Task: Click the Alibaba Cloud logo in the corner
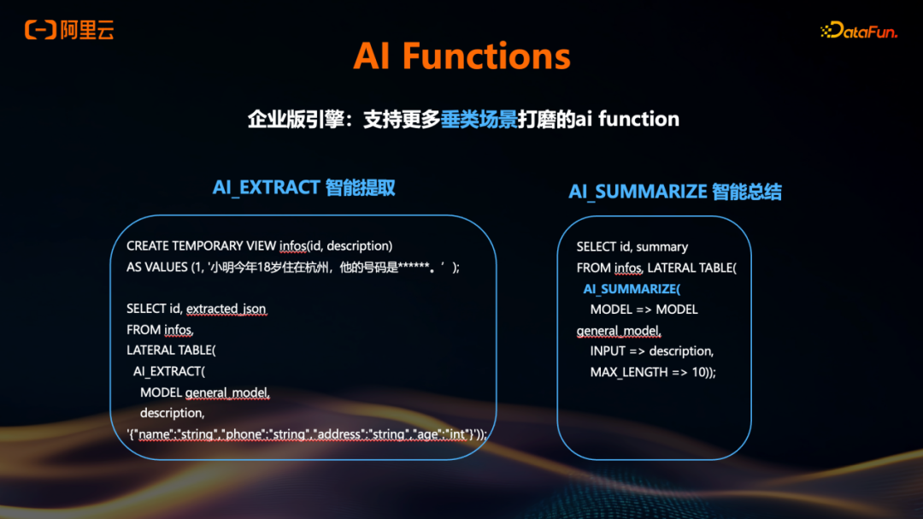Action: click(x=69, y=31)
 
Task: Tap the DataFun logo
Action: click(x=858, y=31)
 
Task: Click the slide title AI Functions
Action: click(x=461, y=57)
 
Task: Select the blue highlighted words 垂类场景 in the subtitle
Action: click(x=479, y=119)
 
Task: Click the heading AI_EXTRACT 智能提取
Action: click(x=303, y=187)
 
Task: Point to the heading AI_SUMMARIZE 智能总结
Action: click(x=674, y=192)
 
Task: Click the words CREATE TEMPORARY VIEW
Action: click(x=201, y=245)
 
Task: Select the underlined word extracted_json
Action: click(x=226, y=309)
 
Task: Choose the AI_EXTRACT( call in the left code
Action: click(x=169, y=371)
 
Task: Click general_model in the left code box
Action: click(x=227, y=392)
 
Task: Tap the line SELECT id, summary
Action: click(x=632, y=246)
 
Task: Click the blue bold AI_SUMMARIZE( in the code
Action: click(x=632, y=289)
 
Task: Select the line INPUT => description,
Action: click(x=651, y=351)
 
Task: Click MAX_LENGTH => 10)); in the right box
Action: click(x=653, y=372)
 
